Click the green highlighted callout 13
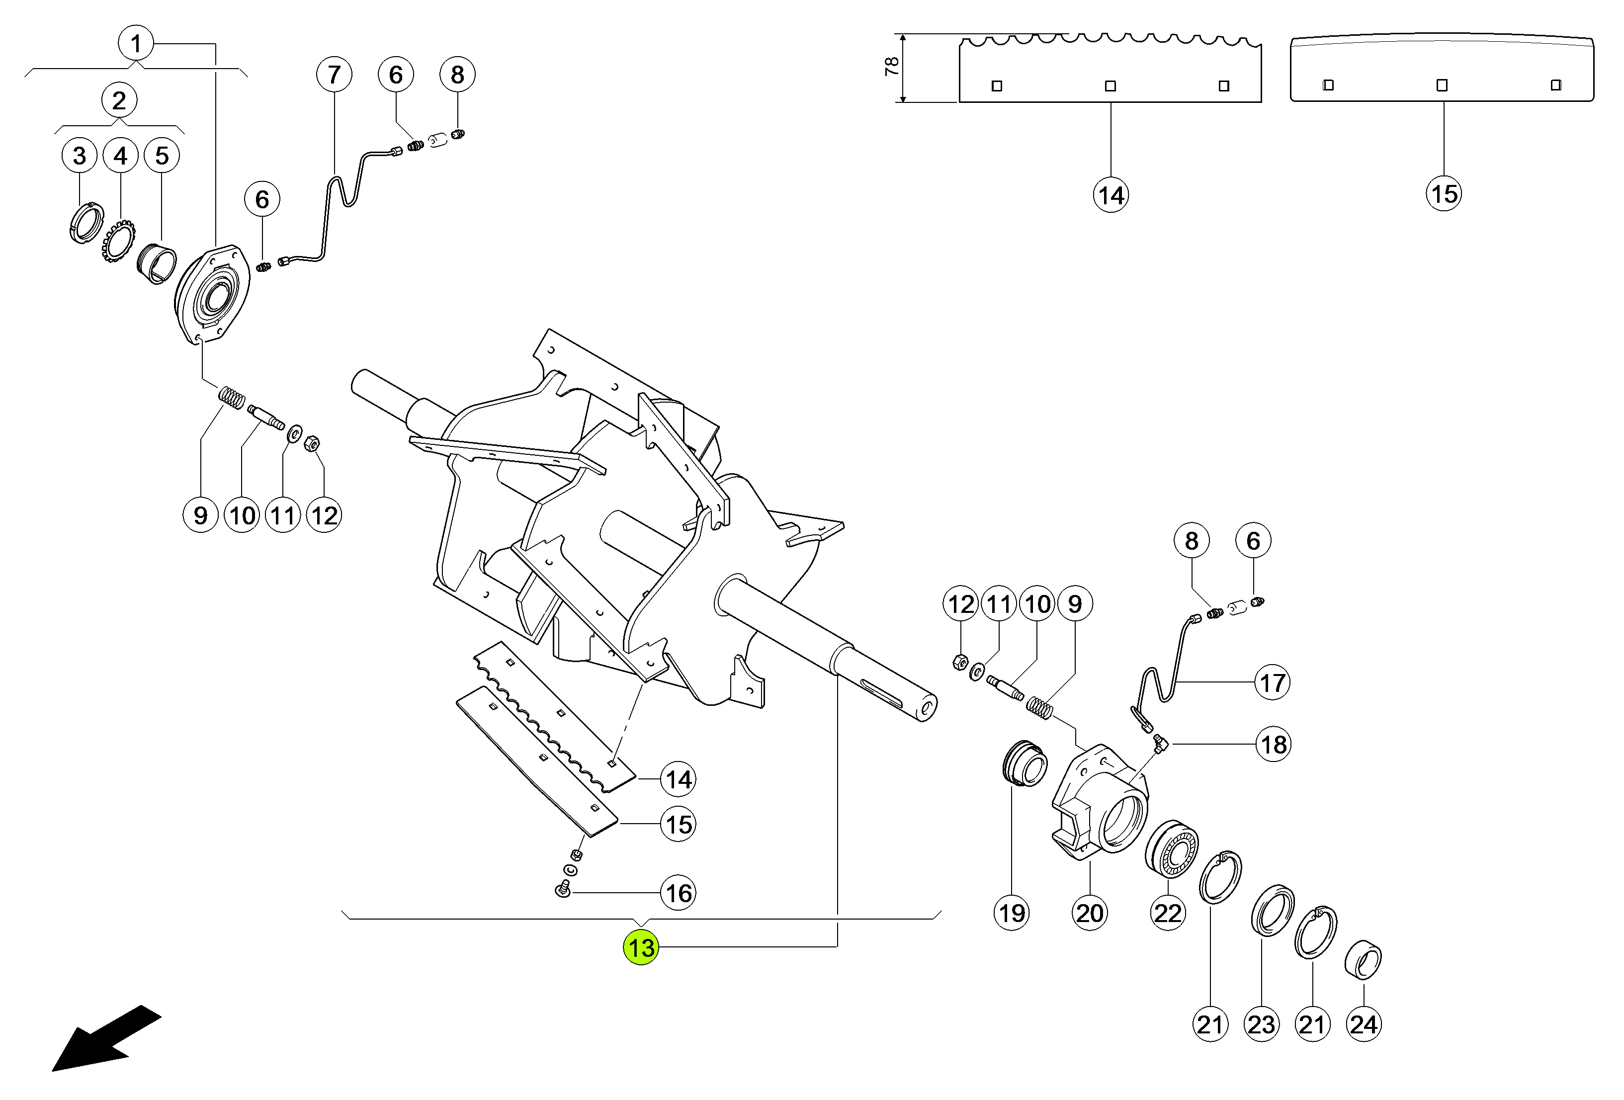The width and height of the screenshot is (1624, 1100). [x=641, y=947]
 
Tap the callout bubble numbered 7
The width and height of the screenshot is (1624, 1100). [x=334, y=74]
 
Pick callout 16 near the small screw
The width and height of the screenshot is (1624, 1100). [x=678, y=893]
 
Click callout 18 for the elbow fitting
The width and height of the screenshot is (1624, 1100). [x=1273, y=744]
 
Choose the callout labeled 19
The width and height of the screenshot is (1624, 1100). [x=1012, y=913]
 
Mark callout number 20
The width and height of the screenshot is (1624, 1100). [x=1090, y=913]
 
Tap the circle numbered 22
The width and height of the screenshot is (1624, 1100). [x=1168, y=913]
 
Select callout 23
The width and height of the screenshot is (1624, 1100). [x=1261, y=1024]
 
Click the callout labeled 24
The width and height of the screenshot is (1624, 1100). [x=1364, y=1024]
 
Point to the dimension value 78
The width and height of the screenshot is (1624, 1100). [x=892, y=67]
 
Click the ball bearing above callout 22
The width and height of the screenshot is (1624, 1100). [x=1172, y=850]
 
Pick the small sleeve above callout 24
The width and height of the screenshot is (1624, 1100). [x=1364, y=960]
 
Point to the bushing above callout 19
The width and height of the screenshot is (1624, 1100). [x=1025, y=763]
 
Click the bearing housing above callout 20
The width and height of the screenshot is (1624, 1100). [x=1101, y=804]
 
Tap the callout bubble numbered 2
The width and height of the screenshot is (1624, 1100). [x=119, y=100]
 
